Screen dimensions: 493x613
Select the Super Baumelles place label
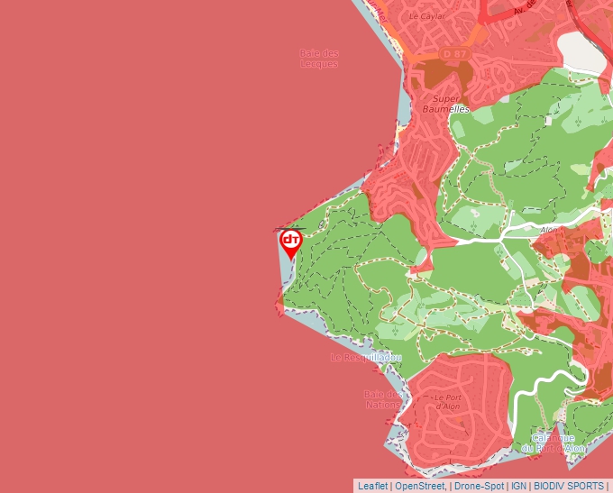[446, 104]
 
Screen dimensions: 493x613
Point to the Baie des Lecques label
[319, 59]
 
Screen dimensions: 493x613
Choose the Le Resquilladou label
[365, 358]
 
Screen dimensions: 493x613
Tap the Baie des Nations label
[383, 399]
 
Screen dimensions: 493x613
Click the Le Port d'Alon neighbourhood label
[447, 402]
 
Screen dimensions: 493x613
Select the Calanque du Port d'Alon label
[552, 443]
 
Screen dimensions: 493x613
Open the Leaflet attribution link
[372, 486]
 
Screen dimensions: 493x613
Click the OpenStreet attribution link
[420, 486]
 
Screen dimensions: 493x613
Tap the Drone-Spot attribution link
[480, 486]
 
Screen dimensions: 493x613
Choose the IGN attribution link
[519, 486]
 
